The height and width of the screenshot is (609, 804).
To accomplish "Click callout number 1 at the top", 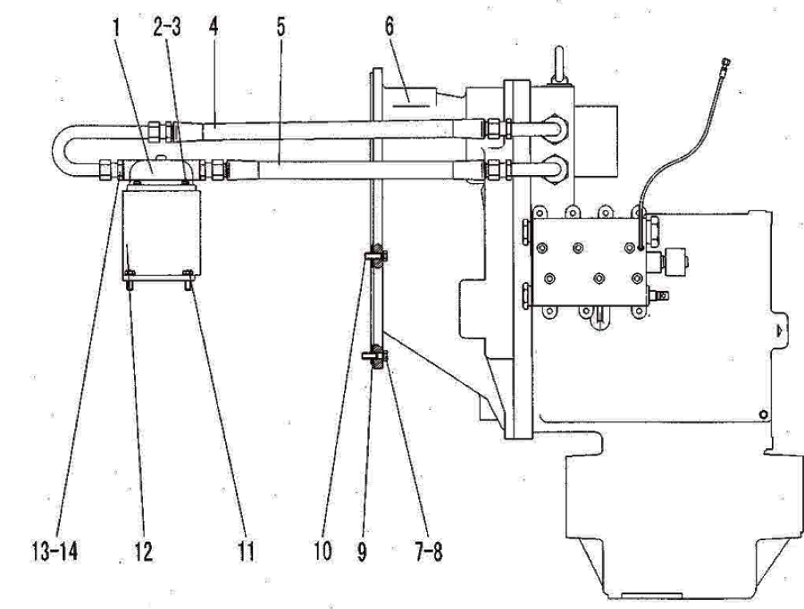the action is pyautogui.click(x=116, y=27).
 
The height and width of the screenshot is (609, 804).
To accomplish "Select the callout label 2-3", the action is pyautogui.click(x=167, y=27).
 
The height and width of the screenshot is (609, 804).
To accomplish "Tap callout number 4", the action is pyautogui.click(x=214, y=27).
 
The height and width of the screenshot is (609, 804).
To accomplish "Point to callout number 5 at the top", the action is pyautogui.click(x=281, y=27).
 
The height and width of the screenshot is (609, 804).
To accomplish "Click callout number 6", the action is pyautogui.click(x=389, y=27).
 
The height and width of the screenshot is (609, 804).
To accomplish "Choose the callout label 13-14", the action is pyautogui.click(x=54, y=552).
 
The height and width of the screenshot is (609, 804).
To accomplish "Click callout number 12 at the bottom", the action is pyautogui.click(x=144, y=552).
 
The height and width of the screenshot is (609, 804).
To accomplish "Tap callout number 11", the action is pyautogui.click(x=247, y=552).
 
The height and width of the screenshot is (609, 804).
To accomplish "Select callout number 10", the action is pyautogui.click(x=323, y=552).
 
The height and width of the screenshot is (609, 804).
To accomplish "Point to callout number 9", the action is pyautogui.click(x=362, y=552).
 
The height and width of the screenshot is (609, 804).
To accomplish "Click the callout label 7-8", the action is pyautogui.click(x=428, y=552).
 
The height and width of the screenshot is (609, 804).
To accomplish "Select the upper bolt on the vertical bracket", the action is pyautogui.click(x=376, y=254).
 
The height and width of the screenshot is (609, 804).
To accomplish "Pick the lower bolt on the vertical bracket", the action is pyautogui.click(x=376, y=356).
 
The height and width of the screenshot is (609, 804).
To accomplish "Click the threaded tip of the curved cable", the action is pyautogui.click(x=725, y=64).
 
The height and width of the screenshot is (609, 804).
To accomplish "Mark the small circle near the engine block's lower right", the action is pyautogui.click(x=764, y=413).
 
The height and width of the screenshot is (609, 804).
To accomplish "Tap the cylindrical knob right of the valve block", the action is pyautogui.click(x=675, y=261).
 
